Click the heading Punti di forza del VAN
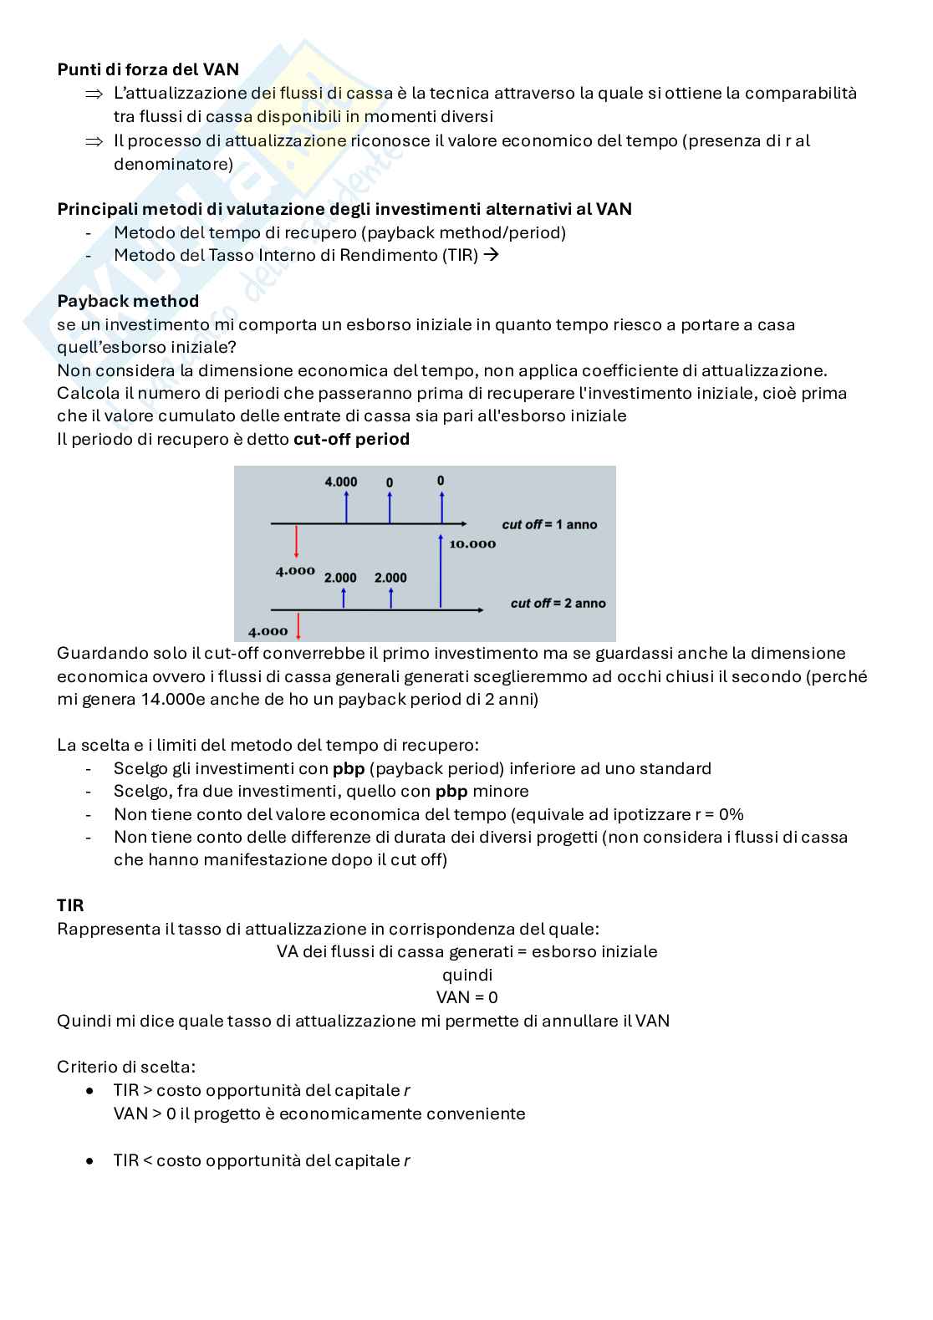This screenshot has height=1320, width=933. [148, 69]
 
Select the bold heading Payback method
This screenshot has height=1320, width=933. [128, 301]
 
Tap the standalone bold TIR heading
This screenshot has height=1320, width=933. [70, 905]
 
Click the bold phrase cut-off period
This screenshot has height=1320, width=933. [351, 439]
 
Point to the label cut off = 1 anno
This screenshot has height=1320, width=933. [549, 524]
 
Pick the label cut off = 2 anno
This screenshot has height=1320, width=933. [558, 603]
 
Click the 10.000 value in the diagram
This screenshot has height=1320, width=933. [472, 544]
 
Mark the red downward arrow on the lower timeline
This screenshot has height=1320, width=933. [298, 626]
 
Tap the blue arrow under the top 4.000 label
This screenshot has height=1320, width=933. [346, 507]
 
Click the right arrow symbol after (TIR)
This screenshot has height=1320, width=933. [492, 255]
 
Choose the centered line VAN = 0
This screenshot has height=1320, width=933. [466, 997]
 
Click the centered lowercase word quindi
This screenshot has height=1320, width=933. [466, 975]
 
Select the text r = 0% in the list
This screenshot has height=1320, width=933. [719, 814]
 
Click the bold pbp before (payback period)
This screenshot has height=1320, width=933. [349, 768]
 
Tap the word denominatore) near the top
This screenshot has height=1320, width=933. [173, 164]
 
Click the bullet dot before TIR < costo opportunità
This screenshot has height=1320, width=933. [90, 1161]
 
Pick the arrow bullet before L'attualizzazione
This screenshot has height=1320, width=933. [94, 94]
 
